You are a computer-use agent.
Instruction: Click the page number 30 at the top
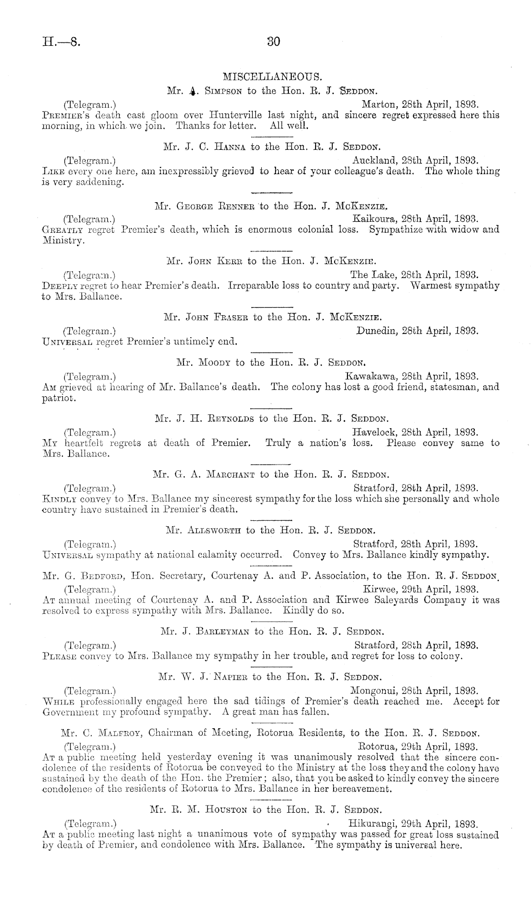point(273,41)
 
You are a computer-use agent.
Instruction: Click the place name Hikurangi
point(372,823)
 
